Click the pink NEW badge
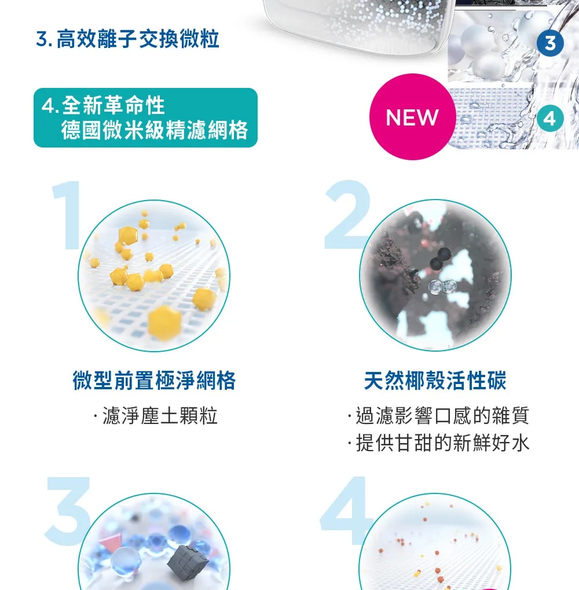tap(412, 117)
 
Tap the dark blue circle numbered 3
tap(550, 43)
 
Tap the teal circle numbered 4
tap(550, 119)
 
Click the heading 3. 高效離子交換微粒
tap(127, 39)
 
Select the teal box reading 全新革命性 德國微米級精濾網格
tap(145, 117)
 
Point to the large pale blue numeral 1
tap(68, 215)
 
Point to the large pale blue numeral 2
tap(347, 215)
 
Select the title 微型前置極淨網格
tap(154, 381)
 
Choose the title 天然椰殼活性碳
tap(435, 381)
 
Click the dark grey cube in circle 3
tap(188, 563)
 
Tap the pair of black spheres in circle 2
tap(441, 258)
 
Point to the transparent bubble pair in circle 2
tap(443, 287)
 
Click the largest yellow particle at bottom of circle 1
tap(164, 322)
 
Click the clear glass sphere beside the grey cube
tap(126, 561)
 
